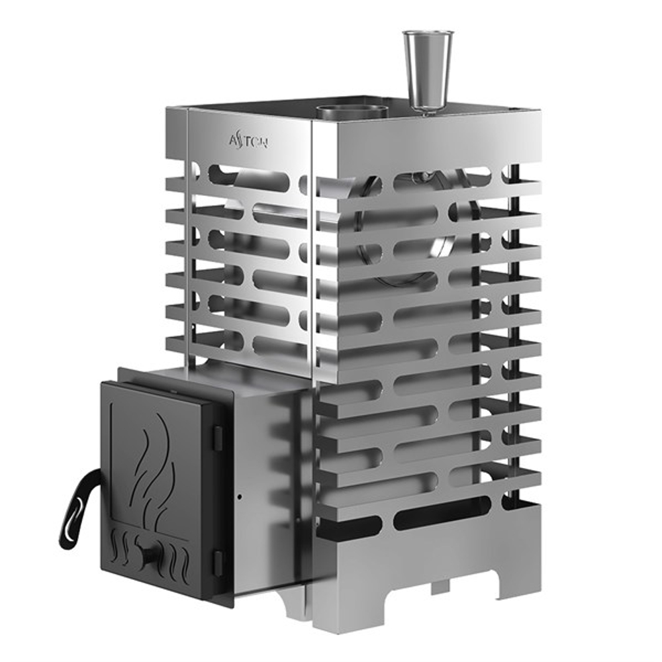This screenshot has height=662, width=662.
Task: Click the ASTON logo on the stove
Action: tap(248, 140)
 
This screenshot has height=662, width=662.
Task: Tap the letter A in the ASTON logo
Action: tap(233, 139)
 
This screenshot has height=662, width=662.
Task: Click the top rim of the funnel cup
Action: tap(428, 33)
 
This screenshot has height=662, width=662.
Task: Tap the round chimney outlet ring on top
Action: tap(351, 110)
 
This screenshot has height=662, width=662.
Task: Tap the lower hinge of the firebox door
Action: tap(217, 561)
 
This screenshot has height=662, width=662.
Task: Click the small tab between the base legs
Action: tap(440, 587)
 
